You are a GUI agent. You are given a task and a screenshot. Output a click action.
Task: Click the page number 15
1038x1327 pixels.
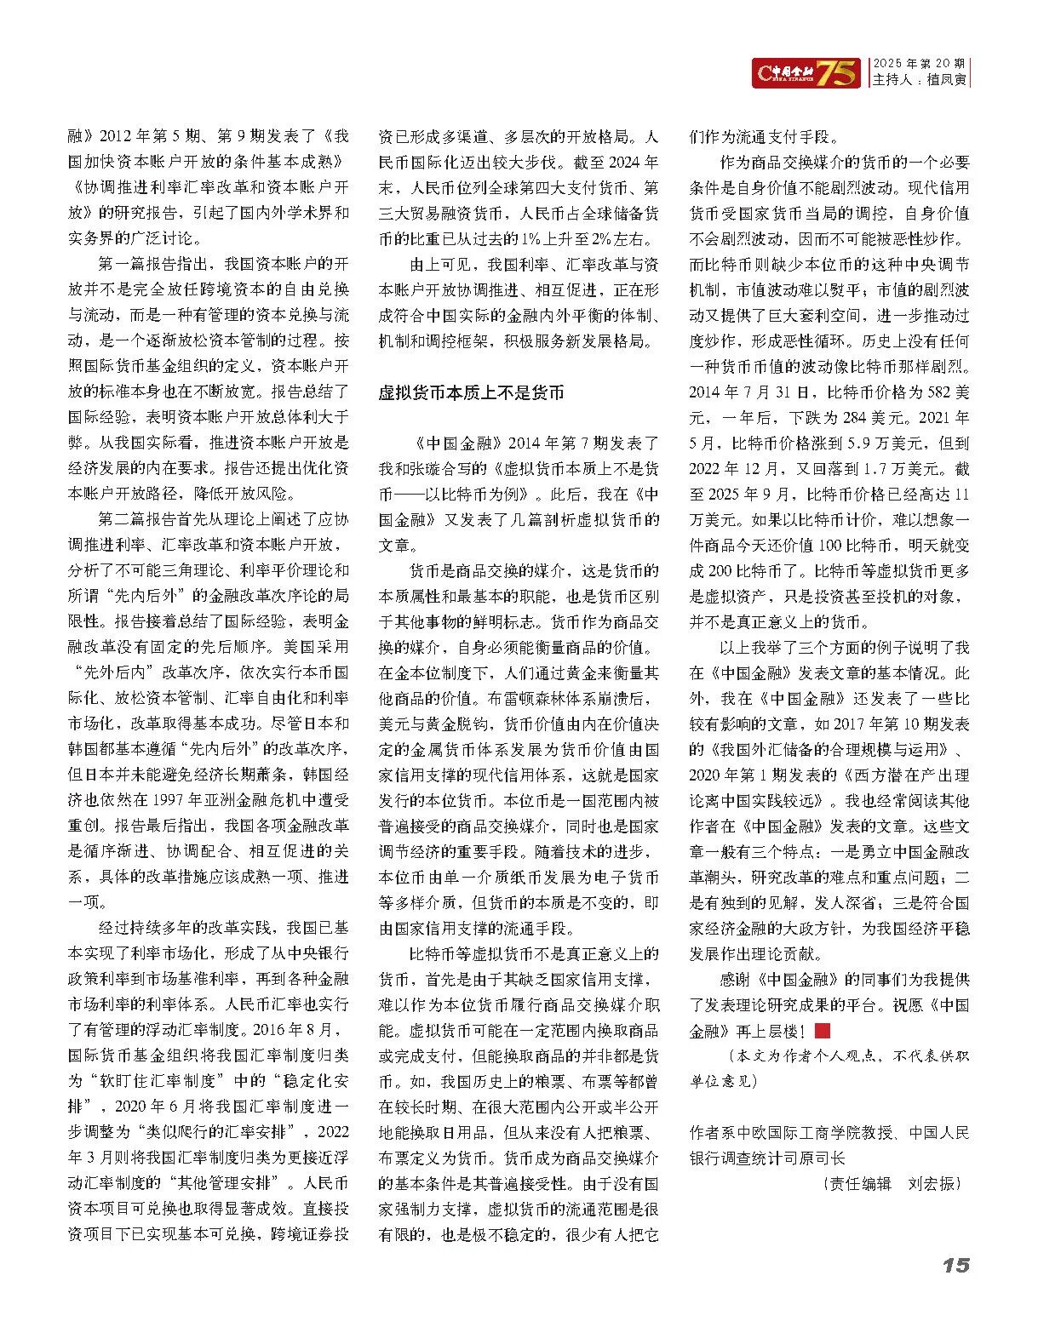pos(955,1265)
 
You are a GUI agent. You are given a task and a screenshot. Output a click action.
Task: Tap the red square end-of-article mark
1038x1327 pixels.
pos(822,1031)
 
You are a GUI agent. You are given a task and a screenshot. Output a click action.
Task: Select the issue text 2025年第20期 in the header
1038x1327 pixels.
pos(919,64)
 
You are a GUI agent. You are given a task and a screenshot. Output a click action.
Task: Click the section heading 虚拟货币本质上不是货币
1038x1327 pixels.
pos(471,392)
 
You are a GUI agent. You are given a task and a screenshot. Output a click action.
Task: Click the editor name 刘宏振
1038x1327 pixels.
pos(933,1183)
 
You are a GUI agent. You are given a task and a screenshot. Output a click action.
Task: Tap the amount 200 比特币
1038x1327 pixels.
pos(746,570)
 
